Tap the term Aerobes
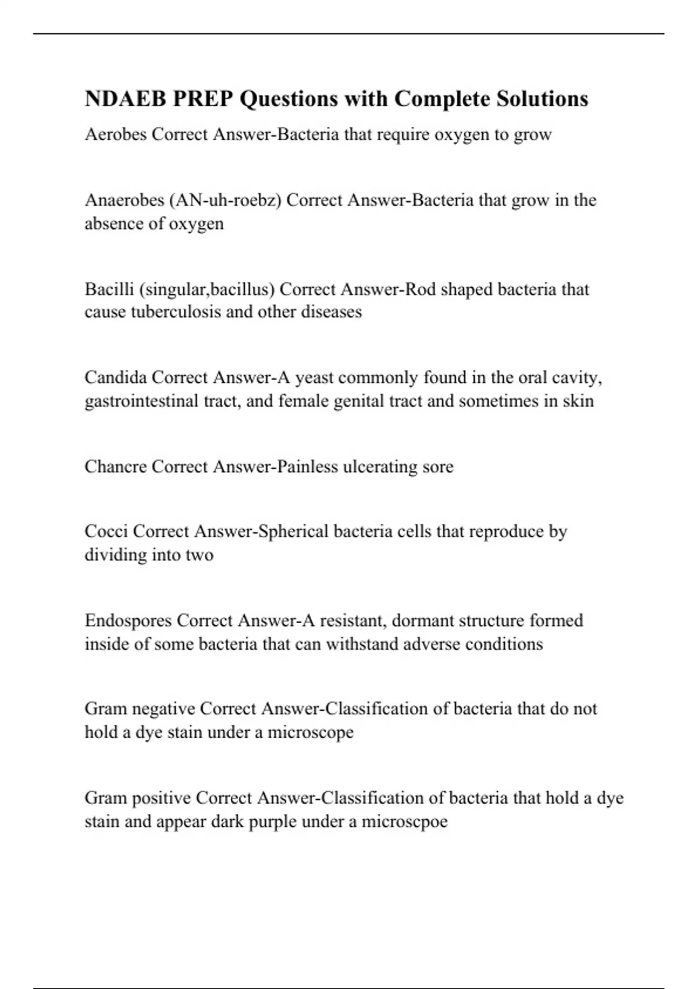(115, 134)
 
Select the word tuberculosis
(176, 312)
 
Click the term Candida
(115, 378)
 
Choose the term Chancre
(115, 467)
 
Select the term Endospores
(128, 620)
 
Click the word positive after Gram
(162, 798)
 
